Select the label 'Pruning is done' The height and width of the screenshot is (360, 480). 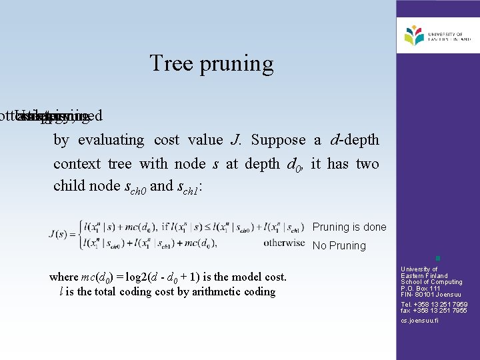coord(349,227)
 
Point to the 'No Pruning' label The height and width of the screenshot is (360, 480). coord(339,245)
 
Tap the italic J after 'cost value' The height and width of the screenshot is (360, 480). coord(235,140)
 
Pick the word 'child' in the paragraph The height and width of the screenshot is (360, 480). coord(69,186)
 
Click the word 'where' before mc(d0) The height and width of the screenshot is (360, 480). coord(65,277)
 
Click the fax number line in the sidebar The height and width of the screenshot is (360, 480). coord(434,311)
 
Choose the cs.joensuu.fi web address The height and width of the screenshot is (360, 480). coord(420,321)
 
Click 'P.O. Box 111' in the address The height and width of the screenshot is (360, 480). coord(421,288)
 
